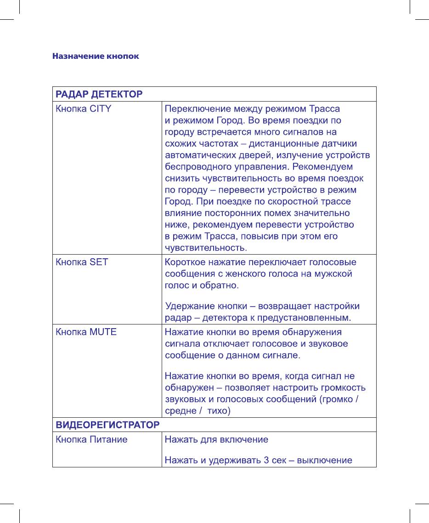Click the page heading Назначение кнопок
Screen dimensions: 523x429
[x=96, y=57]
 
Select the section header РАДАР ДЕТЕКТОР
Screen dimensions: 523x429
[x=99, y=94]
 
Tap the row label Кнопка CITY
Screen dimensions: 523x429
[x=83, y=109]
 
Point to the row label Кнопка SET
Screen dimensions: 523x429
[x=82, y=262]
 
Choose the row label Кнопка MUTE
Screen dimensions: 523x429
[x=86, y=332]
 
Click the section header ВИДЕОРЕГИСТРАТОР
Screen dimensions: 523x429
[x=107, y=424]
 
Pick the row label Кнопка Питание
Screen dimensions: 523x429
[x=91, y=440]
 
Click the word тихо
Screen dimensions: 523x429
[x=218, y=410]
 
